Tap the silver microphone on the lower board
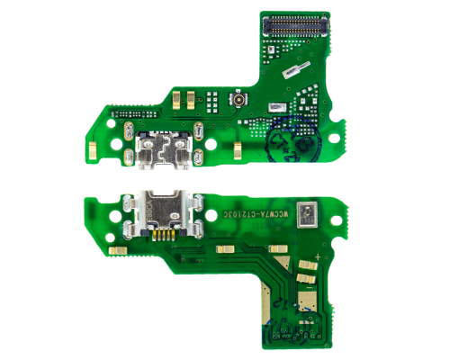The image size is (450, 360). coord(310,213)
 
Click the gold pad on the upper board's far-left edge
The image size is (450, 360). coord(94,143)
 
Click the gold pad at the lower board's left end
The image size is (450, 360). coord(115,248)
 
